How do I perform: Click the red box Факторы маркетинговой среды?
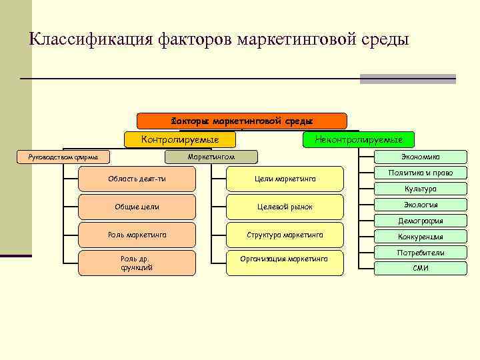241,121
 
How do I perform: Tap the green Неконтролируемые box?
358,139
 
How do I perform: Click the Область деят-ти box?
137,179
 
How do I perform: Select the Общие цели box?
137,207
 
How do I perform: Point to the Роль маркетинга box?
137,235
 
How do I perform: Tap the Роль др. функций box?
137,263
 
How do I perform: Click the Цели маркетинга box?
285,179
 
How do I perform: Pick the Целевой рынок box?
285,207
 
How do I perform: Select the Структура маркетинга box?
285,235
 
